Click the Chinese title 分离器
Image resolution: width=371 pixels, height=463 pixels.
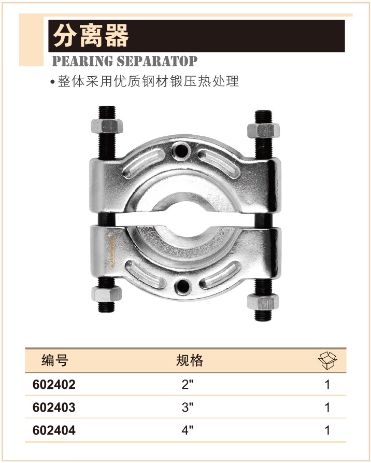tap(91, 35)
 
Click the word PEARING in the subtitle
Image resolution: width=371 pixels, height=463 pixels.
tap(82, 61)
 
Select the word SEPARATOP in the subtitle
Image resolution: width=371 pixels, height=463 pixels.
tap(156, 61)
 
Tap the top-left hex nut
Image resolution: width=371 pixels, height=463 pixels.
tap(107, 126)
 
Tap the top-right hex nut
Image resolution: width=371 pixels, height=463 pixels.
tap(263, 131)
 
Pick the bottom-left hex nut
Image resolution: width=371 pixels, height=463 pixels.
tap(107, 294)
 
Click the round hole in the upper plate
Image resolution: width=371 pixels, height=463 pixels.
tap(181, 150)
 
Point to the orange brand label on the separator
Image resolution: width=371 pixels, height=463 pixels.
tap(112, 251)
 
